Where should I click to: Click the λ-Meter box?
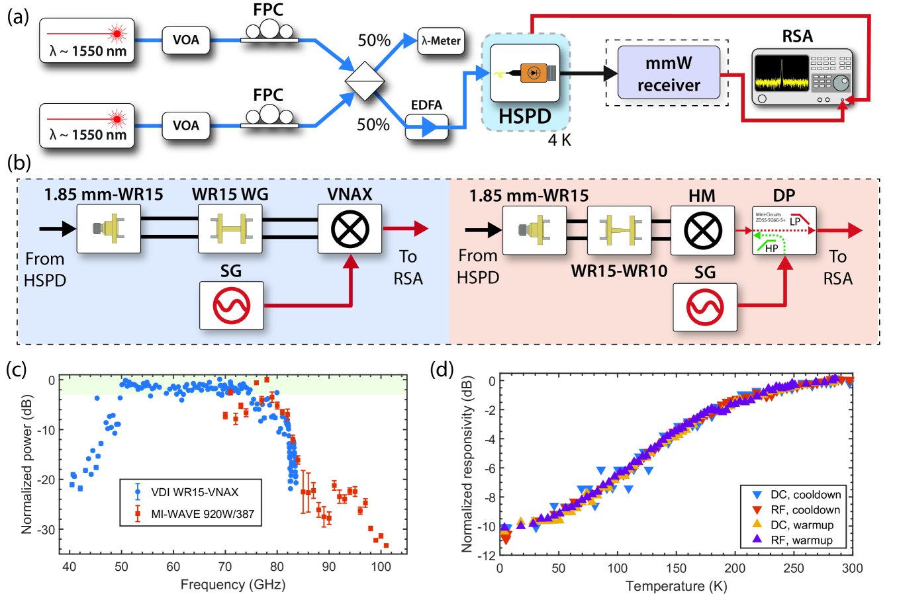pos(440,41)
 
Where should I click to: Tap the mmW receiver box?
pos(669,73)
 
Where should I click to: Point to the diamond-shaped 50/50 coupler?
pos(365,81)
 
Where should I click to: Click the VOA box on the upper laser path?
pos(186,40)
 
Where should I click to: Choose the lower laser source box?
pos(87,126)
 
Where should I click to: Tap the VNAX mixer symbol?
pos(350,229)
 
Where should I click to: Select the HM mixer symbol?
pos(702,230)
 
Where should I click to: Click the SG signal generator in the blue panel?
pos(232,306)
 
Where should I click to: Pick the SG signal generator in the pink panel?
pos(704,307)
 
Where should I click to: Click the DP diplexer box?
pos(784,230)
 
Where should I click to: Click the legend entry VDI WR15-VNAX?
pos(194,492)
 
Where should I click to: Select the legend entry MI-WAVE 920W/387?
pos(202,513)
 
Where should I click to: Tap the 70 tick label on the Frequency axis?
pos(225,567)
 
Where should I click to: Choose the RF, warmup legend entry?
pos(801,540)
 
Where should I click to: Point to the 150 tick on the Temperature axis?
pos(676,568)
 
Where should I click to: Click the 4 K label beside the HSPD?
pos(559,140)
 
